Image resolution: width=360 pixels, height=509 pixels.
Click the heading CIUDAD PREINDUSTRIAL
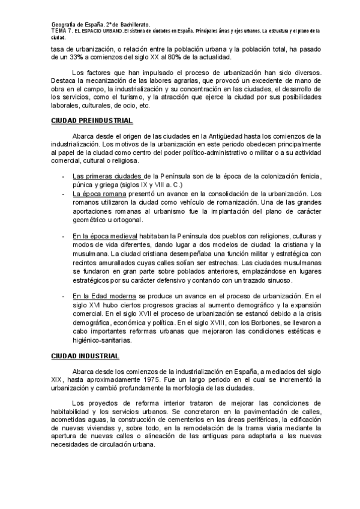tap(83, 119)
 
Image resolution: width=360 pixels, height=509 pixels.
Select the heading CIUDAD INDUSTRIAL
tap(76, 356)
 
